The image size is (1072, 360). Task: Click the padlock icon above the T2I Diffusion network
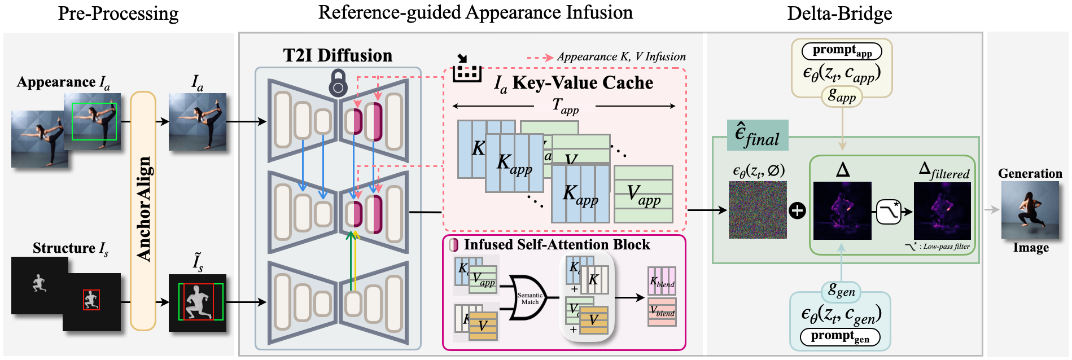point(338,84)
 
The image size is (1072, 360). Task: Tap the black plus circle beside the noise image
point(797,211)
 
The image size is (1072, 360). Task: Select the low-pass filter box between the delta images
point(889,212)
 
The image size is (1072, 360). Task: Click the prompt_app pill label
point(842,51)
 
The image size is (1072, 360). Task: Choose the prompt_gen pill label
point(840,337)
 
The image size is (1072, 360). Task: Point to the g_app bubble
point(842,96)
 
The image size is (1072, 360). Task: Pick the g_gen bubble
point(841,292)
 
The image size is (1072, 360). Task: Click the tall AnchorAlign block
point(143,210)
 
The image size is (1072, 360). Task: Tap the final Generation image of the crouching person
point(1030,210)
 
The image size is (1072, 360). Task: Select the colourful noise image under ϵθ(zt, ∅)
point(758,210)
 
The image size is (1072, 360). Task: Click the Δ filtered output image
point(942,211)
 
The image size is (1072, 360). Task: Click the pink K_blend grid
point(662,281)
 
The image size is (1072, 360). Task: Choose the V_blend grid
point(662,312)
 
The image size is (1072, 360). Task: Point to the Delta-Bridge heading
point(839,14)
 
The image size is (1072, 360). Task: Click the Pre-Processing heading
point(118,14)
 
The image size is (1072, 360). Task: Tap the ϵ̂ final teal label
point(757,135)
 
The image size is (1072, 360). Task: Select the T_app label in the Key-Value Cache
point(565,106)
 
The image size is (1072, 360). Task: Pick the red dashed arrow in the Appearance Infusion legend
point(540,58)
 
